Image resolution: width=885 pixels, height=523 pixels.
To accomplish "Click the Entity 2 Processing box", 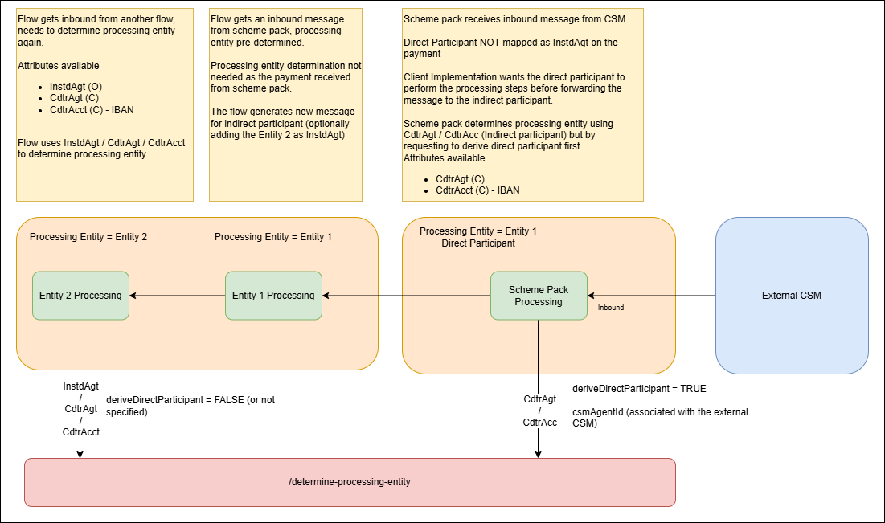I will coord(80,296).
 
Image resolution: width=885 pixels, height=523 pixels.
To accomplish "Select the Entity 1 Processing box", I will coord(273,296).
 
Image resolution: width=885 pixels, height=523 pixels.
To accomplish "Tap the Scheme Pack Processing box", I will coord(539,296).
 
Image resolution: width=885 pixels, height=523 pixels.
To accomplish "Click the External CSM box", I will coord(792,296).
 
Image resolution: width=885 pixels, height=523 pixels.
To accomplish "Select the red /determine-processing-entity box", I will coord(350,482).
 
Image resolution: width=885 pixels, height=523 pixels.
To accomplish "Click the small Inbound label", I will coord(611,308).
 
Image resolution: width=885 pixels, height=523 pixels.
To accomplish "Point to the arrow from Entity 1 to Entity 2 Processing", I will coord(177,296).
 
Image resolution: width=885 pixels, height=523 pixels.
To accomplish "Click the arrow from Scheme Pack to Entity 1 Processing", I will coord(406,296).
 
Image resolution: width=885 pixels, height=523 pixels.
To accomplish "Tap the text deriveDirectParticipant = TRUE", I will coord(639,389).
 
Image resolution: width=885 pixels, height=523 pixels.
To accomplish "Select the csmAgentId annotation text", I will coord(659,418).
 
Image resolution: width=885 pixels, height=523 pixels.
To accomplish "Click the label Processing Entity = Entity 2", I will coord(88,237).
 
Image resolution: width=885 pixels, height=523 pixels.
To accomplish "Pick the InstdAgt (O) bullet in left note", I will coord(76,86).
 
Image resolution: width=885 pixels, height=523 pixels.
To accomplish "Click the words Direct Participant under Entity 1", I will coord(478,243).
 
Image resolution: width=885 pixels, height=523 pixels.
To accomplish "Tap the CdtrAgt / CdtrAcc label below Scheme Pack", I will coord(539,411).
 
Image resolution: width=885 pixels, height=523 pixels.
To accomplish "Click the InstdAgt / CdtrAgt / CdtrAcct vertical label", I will coord(80,409).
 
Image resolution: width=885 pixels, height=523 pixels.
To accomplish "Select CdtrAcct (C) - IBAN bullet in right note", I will coord(477,190).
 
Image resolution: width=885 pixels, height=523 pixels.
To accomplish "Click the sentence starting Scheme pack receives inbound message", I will coord(515,18).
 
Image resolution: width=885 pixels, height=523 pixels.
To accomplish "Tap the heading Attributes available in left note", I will coord(59,66).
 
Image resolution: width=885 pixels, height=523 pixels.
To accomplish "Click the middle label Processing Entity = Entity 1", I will coord(273,237).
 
